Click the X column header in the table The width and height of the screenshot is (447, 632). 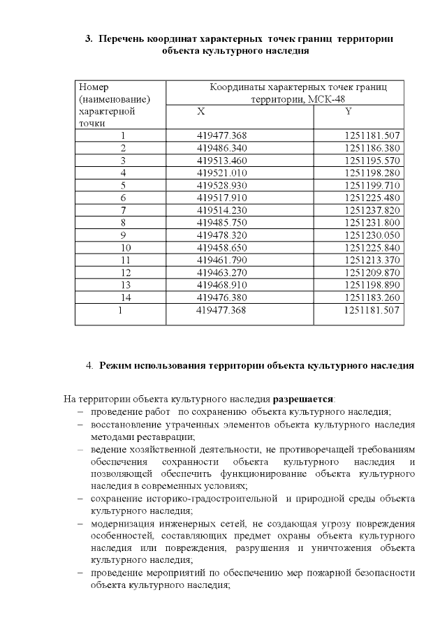click(201, 112)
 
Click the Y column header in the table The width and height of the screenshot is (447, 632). click(347, 112)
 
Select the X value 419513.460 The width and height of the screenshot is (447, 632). click(222, 160)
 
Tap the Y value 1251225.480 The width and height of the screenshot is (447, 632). click(372, 198)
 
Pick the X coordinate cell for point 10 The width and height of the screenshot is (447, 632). click(222, 247)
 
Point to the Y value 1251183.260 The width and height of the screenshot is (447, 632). click(372, 297)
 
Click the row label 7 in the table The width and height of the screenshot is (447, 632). click(123, 210)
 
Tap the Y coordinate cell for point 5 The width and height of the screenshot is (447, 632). click(372, 185)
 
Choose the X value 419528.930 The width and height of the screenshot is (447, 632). click(222, 185)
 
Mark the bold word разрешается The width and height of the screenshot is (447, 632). click(303, 399)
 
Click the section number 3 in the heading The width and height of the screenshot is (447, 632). click(89, 38)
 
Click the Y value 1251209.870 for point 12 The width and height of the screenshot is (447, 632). click(372, 272)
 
